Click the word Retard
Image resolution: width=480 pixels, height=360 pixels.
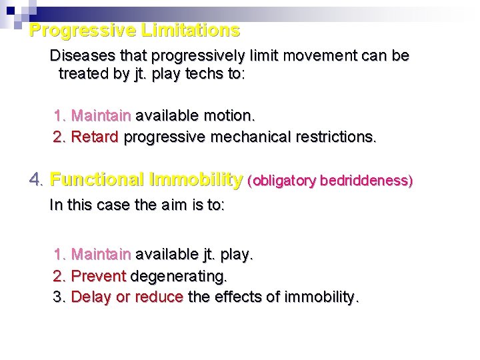[95, 137]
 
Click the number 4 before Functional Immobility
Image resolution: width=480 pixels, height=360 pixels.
[36, 179]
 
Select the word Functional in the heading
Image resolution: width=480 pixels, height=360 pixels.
[97, 179]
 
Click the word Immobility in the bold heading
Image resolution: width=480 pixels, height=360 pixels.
[197, 179]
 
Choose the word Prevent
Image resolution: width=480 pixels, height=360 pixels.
[99, 275]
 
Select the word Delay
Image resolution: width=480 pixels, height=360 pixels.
[91, 297]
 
